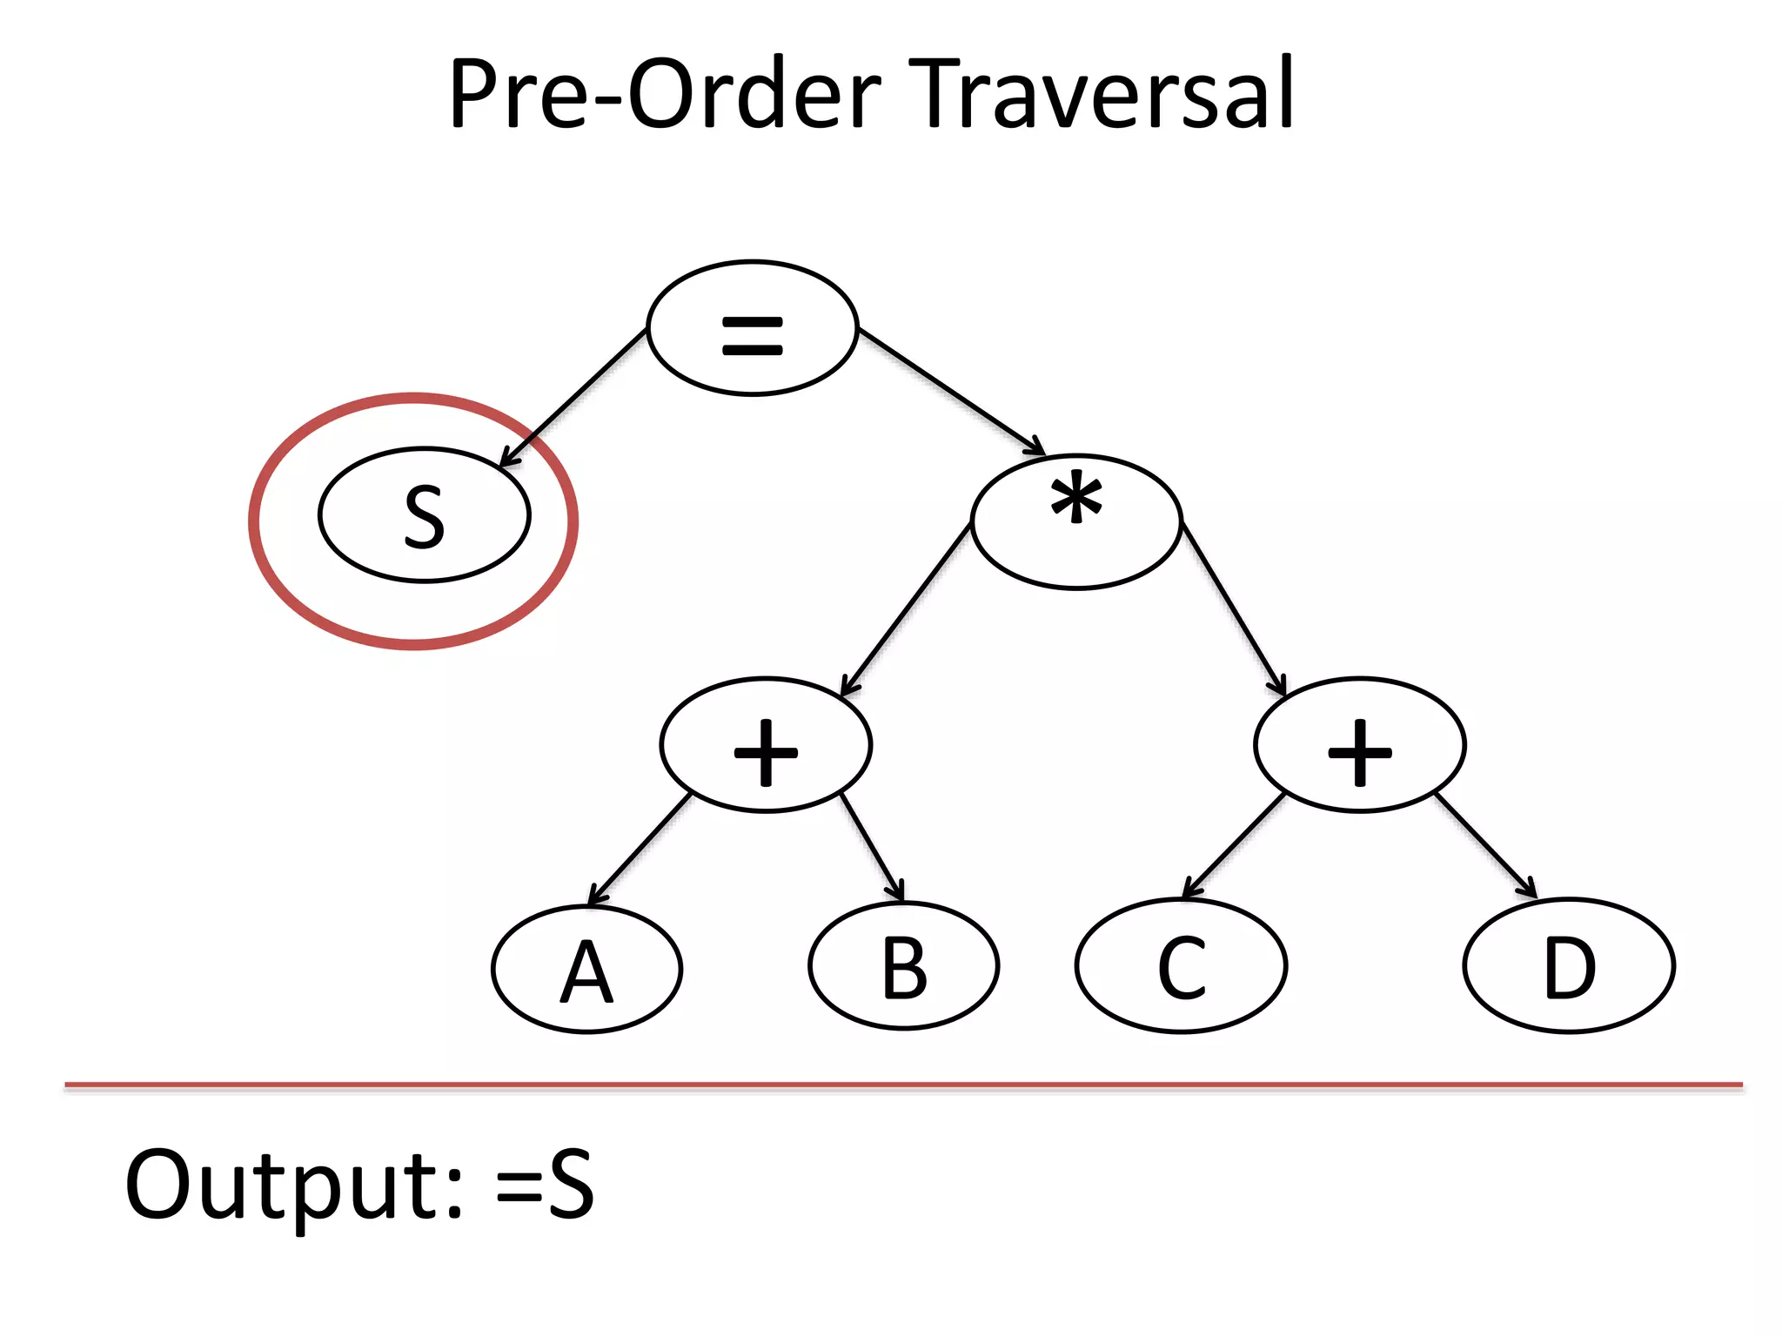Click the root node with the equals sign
click(x=753, y=329)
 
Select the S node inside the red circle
click(x=424, y=515)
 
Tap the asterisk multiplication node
click(x=1076, y=521)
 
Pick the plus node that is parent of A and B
click(x=766, y=745)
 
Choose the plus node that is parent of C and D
click(x=1359, y=745)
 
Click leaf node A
click(x=586, y=969)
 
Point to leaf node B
click(x=903, y=966)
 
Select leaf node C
click(x=1181, y=966)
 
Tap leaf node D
click(x=1569, y=966)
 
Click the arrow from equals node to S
click(x=574, y=397)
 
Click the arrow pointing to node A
click(x=640, y=850)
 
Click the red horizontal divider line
click(x=903, y=1085)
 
